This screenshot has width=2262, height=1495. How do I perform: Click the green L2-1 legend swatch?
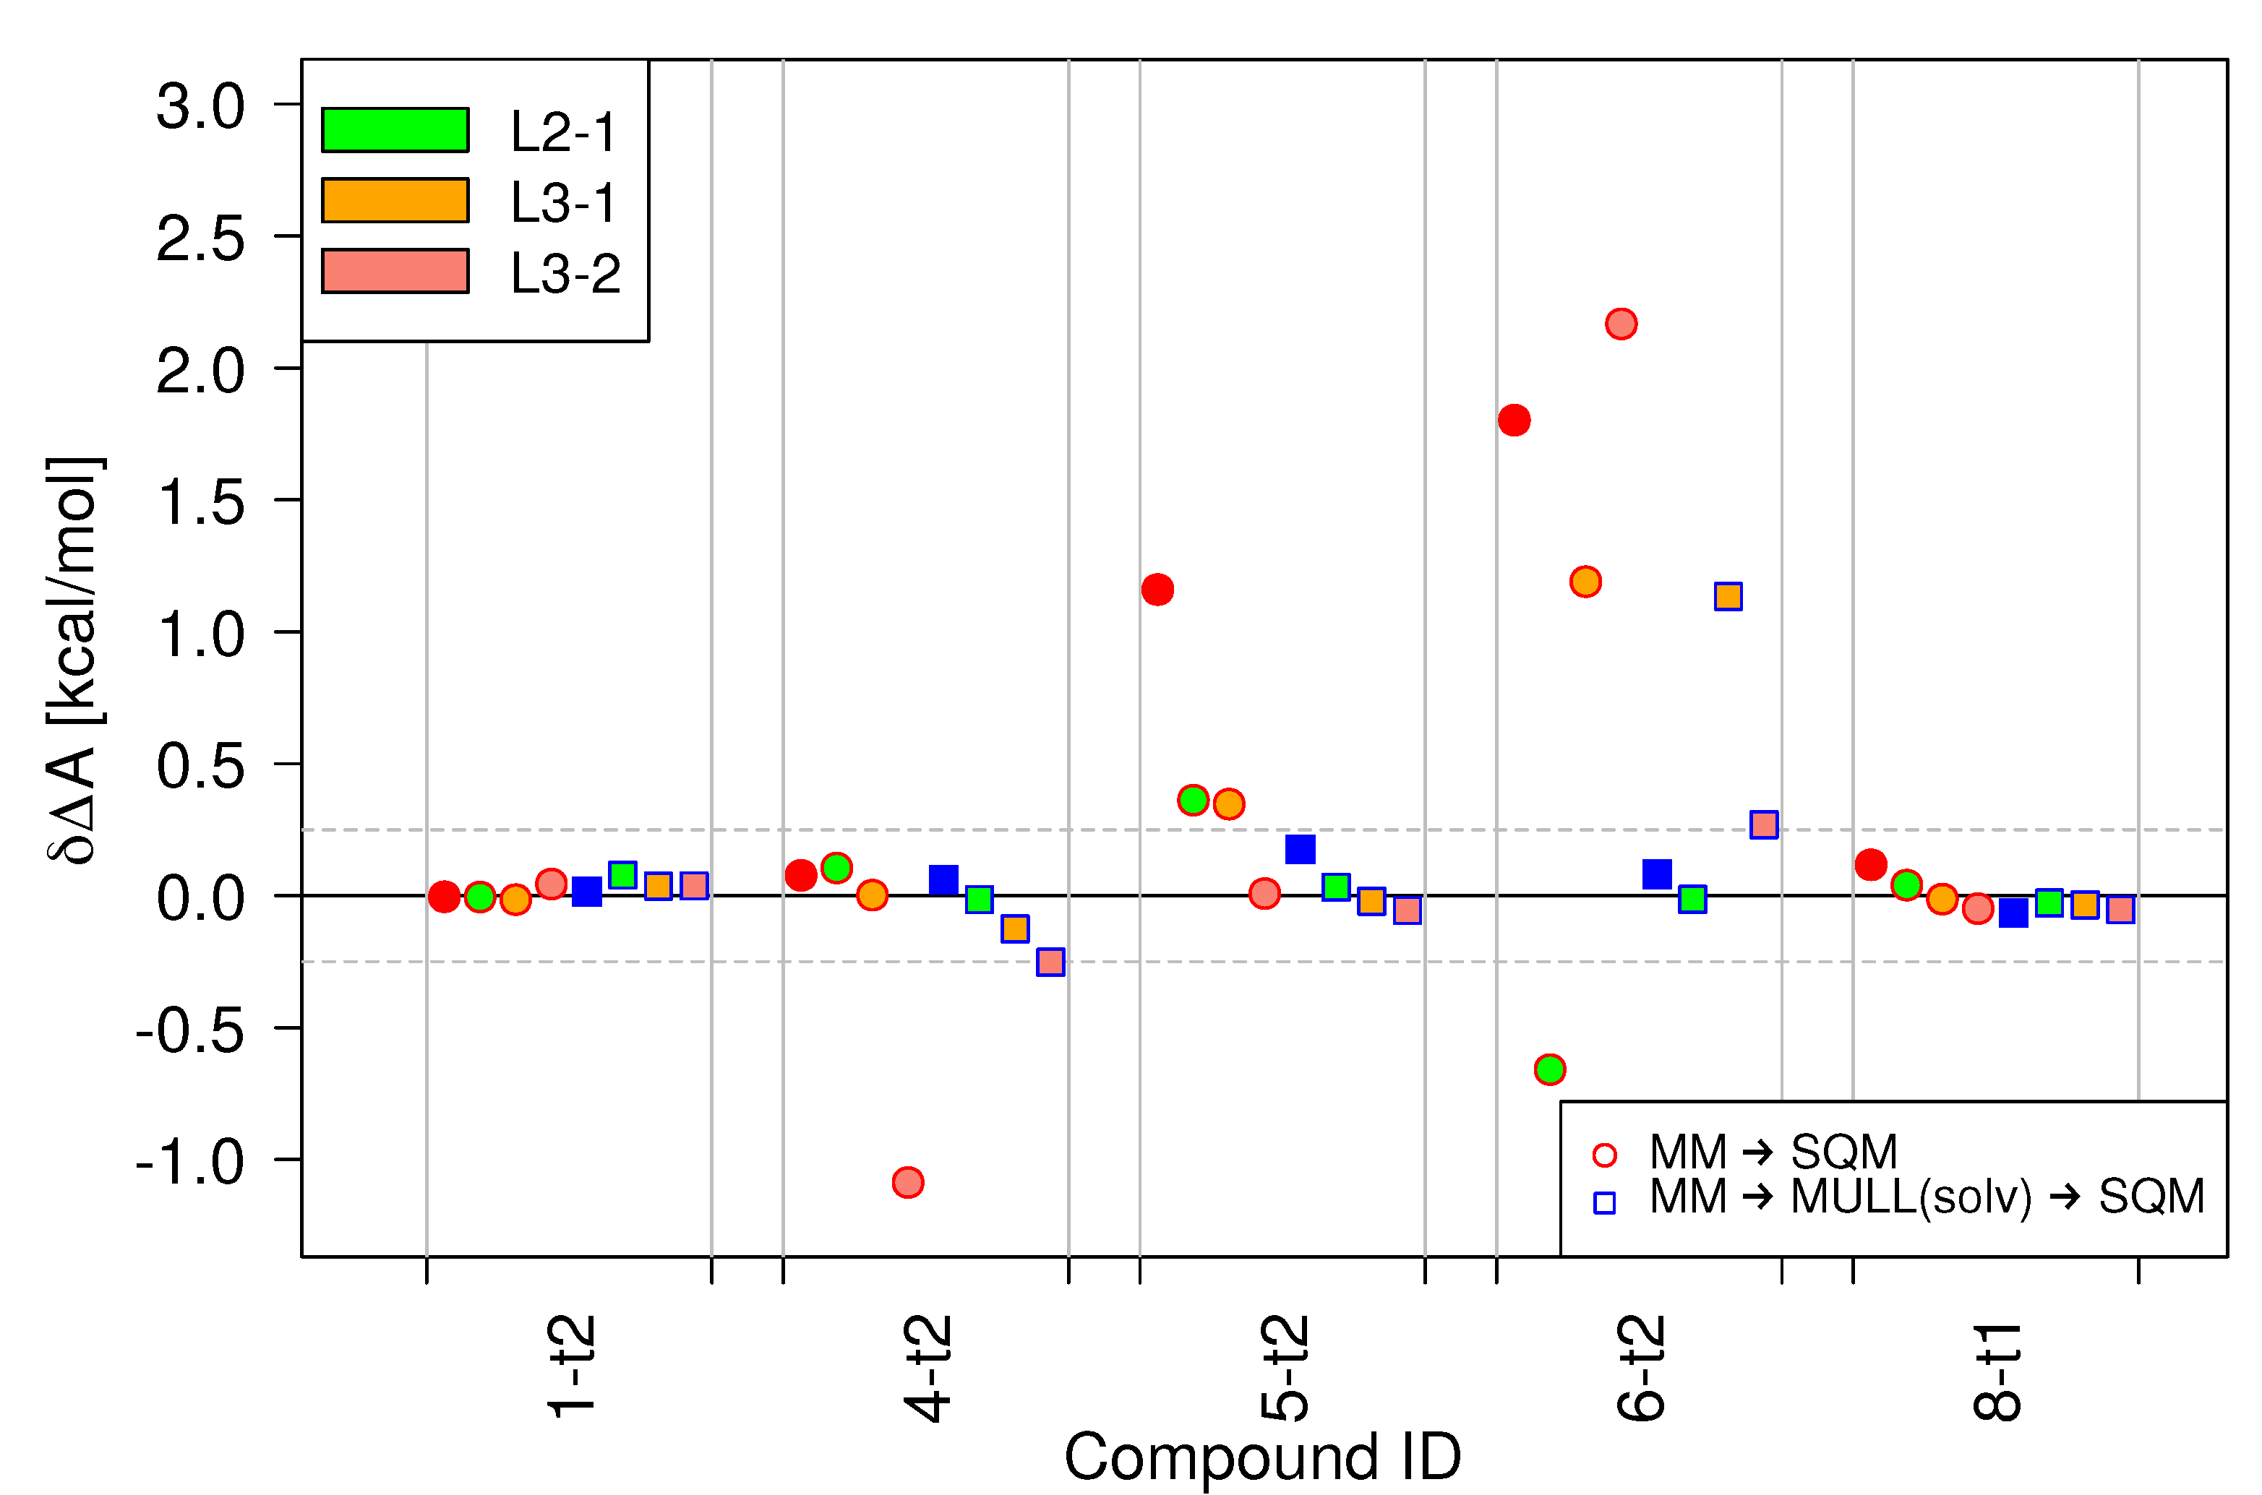395,129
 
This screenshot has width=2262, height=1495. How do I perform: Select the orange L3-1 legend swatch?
395,200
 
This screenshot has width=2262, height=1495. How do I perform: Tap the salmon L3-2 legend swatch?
395,271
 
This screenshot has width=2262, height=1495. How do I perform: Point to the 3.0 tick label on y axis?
200,105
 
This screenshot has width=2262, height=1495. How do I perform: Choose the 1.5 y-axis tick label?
200,501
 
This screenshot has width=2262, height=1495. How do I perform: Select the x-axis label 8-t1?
1996,1371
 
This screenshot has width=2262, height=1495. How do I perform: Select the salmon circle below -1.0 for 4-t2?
908,1182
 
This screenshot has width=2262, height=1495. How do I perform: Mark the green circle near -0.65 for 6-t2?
1550,1069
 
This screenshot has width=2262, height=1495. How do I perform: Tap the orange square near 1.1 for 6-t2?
1728,597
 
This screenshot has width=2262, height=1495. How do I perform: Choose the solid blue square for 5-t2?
1300,848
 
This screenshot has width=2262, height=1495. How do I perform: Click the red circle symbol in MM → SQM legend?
1605,1155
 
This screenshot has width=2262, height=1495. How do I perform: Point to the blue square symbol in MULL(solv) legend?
1605,1203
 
